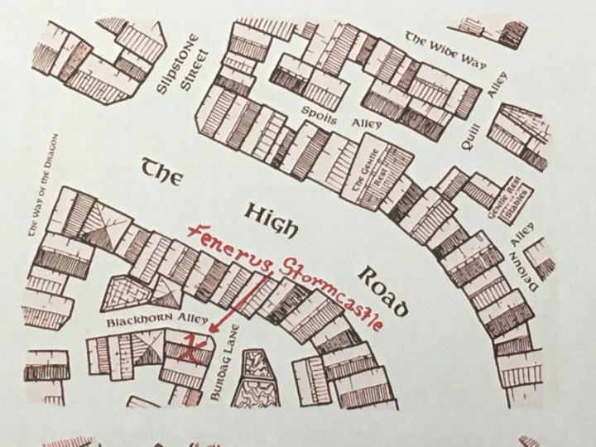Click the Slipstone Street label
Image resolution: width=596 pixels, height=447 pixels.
[183, 69]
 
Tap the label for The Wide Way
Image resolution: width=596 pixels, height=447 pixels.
[445, 51]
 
